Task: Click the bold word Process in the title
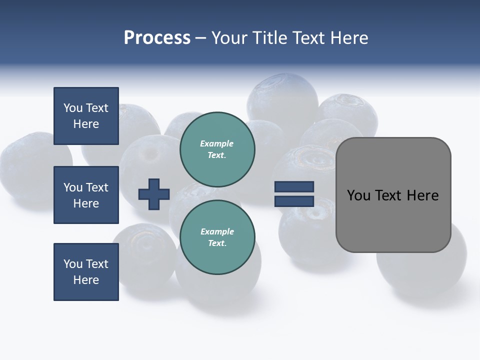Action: click(x=157, y=38)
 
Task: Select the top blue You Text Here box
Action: click(x=86, y=116)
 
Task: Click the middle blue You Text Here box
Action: click(x=86, y=195)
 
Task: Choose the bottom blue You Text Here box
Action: click(x=86, y=272)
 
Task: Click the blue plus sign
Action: click(x=154, y=194)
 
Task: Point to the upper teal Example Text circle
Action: click(x=217, y=149)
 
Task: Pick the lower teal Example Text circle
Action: click(x=217, y=237)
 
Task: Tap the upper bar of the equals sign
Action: click(x=294, y=187)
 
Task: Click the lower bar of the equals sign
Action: click(x=294, y=201)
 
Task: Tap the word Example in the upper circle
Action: click(x=216, y=143)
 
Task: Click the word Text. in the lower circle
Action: click(x=217, y=243)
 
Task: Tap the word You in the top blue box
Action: click(x=73, y=108)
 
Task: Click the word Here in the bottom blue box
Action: click(x=86, y=280)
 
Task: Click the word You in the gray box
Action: click(x=358, y=195)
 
